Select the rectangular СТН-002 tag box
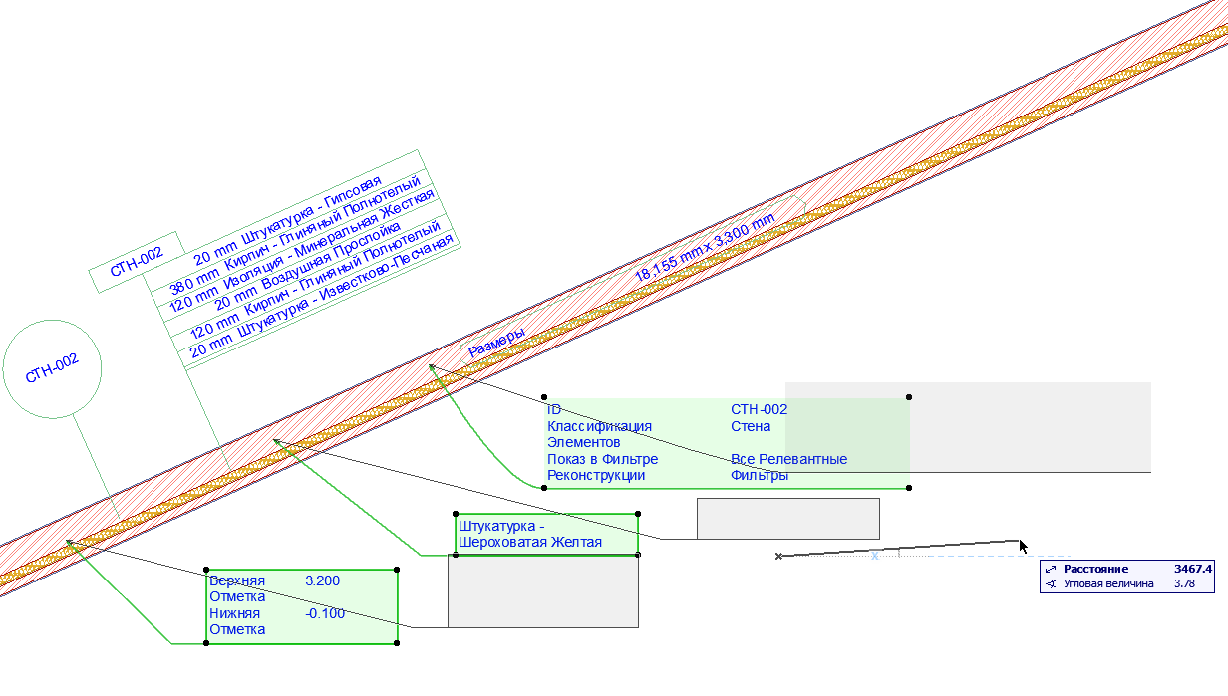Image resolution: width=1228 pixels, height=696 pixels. pos(137,261)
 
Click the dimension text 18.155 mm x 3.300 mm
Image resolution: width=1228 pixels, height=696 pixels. pos(705,249)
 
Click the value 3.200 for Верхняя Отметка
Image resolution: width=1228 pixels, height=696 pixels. pos(323,580)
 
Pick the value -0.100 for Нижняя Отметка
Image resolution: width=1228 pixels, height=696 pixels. pos(325,613)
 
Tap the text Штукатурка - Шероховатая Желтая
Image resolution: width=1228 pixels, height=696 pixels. pos(529,534)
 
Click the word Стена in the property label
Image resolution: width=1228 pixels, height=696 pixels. pos(751,426)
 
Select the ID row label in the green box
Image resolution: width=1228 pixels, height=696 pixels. pos(554,409)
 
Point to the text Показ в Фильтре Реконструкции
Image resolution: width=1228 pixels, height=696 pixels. pos(602,467)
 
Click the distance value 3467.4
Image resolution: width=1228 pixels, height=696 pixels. pos(1193,569)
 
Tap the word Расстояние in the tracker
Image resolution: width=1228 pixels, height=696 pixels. pos(1095,569)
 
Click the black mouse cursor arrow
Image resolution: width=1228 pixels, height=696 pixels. pos(1023,547)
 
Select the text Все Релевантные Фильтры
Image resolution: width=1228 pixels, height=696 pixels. pos(788,467)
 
